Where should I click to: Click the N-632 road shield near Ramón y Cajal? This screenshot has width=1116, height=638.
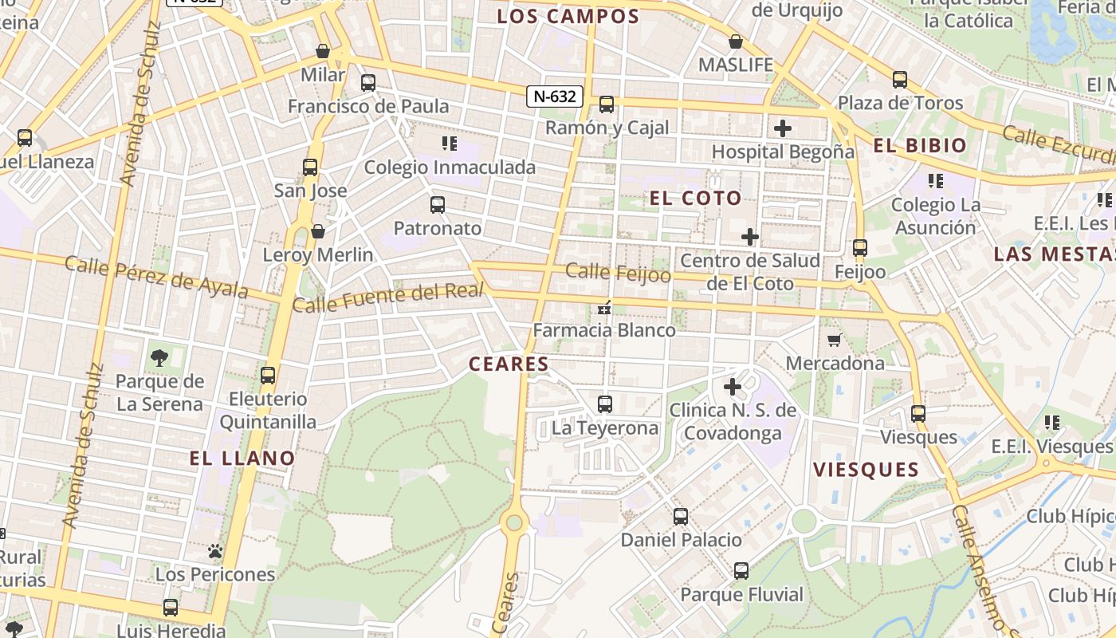pos(554,96)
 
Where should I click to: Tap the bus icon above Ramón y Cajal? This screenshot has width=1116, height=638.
pos(607,104)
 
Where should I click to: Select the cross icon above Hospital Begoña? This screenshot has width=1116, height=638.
pos(783,128)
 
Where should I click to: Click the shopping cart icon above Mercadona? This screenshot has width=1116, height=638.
pos(835,341)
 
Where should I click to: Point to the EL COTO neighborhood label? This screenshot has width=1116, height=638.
pos(695,198)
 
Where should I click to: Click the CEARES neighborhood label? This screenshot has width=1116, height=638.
pos(509,364)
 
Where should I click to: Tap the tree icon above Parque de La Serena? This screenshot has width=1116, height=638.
pos(159,357)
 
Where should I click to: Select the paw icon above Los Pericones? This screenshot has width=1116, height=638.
pos(214,551)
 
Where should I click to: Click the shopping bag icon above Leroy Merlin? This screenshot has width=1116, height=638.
pos(318,231)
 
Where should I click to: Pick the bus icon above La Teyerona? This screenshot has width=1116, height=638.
pos(605,404)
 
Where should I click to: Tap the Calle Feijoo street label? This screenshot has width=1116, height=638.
pos(618,273)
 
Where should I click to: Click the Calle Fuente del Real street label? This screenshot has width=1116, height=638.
pos(388,297)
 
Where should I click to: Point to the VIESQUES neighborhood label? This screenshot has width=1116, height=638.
pos(866,469)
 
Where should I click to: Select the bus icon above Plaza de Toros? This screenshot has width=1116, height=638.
pos(900,80)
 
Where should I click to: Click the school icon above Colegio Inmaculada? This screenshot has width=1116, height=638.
pos(450,144)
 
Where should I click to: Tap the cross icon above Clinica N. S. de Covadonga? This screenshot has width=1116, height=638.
pos(733,387)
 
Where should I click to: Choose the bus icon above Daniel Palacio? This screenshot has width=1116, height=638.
pos(681,516)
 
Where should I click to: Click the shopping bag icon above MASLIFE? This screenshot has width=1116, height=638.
pos(736,41)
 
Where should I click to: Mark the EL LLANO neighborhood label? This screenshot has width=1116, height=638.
pos(242,458)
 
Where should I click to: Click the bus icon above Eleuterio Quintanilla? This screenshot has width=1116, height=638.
pos(268,375)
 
